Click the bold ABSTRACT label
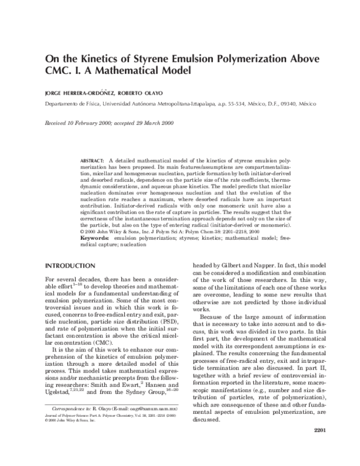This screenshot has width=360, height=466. pos(92,161)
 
